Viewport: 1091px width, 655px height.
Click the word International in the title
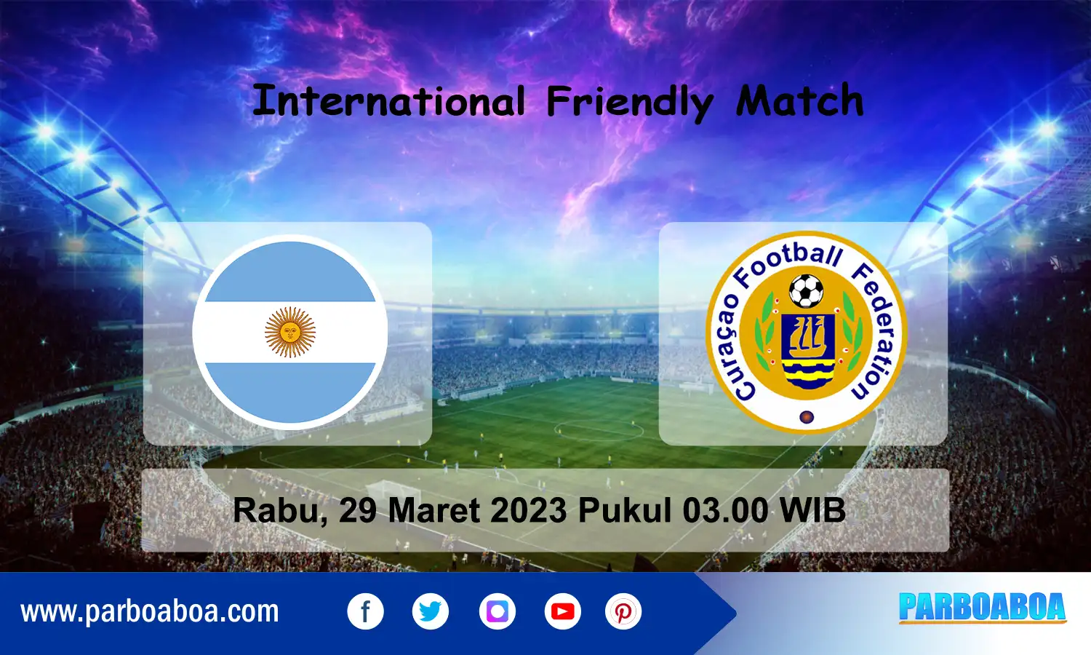click(x=389, y=101)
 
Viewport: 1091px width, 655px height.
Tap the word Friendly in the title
click(x=630, y=103)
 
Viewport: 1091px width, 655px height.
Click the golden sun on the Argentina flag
click(x=290, y=332)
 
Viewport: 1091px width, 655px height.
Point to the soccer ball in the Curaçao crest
click(x=806, y=291)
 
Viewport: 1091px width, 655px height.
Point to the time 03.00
click(x=725, y=509)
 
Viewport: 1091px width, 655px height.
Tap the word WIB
click(x=812, y=509)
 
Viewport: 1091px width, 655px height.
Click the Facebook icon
click(x=365, y=611)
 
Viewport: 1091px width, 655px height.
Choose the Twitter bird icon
click(x=431, y=611)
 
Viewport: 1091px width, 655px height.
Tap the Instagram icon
click(x=497, y=611)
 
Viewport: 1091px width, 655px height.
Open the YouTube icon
click(x=562, y=611)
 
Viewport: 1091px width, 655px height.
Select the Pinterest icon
click(x=623, y=611)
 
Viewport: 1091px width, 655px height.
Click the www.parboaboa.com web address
click(x=150, y=612)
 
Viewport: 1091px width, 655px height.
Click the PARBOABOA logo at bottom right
click(x=983, y=608)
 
